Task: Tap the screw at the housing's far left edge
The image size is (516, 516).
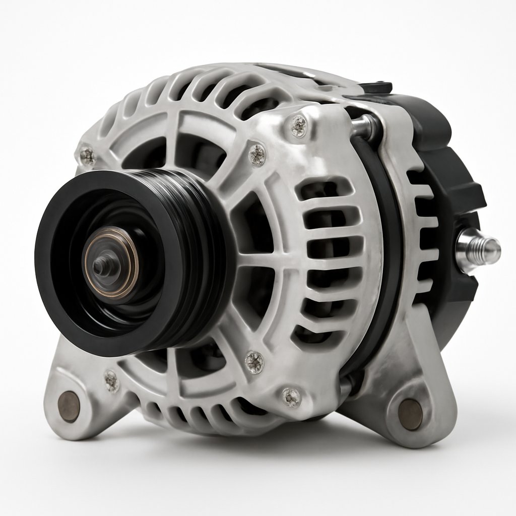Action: pos(87,156)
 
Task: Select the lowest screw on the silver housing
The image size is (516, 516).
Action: pos(291,396)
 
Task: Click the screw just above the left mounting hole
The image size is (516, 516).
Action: pos(111,380)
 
